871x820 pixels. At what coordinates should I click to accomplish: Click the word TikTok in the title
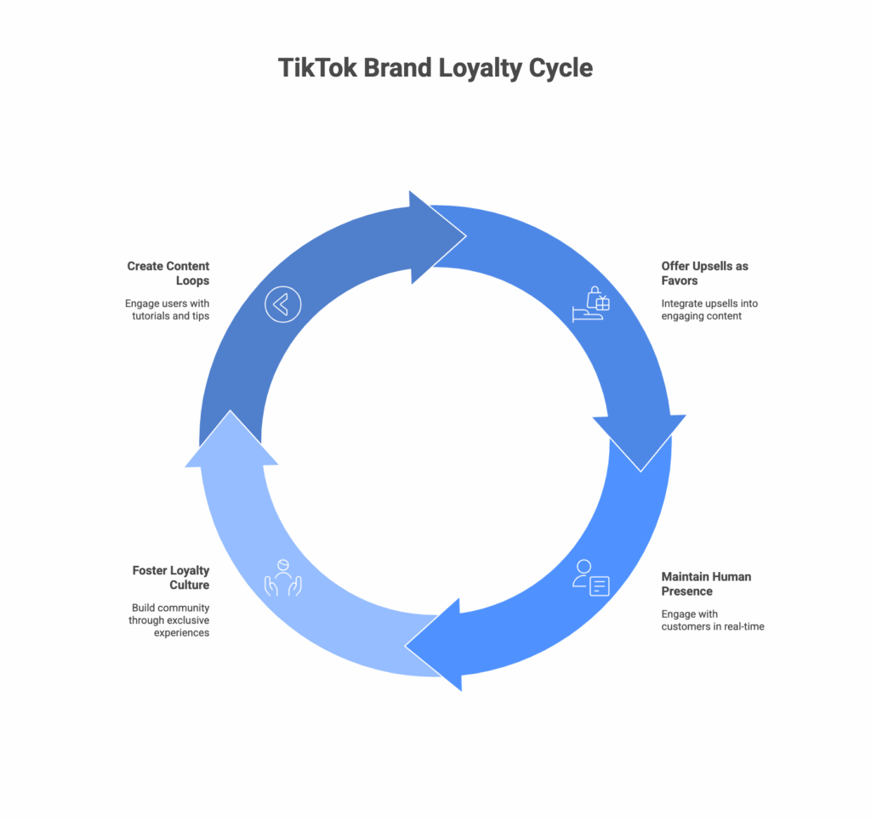click(x=317, y=68)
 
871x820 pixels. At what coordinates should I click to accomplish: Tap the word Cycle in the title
click(x=559, y=68)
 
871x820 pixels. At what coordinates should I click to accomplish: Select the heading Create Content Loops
click(x=168, y=272)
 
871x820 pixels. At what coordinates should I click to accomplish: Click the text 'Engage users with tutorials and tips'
click(x=167, y=310)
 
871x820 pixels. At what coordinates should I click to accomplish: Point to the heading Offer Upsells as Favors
click(x=704, y=273)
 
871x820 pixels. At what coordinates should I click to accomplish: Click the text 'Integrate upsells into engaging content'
click(x=709, y=310)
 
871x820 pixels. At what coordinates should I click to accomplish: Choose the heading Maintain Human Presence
click(x=706, y=584)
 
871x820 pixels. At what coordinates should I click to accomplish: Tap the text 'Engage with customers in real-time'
click(x=713, y=620)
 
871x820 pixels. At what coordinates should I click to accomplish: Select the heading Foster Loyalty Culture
click(x=170, y=578)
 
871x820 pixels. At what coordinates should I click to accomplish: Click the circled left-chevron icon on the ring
click(x=282, y=304)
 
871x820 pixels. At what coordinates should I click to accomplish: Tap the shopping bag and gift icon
click(x=591, y=303)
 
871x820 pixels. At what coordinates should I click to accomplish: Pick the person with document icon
click(x=591, y=578)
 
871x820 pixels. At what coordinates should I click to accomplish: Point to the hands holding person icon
click(x=283, y=577)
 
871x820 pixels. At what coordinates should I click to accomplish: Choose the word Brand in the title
click(x=398, y=68)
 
